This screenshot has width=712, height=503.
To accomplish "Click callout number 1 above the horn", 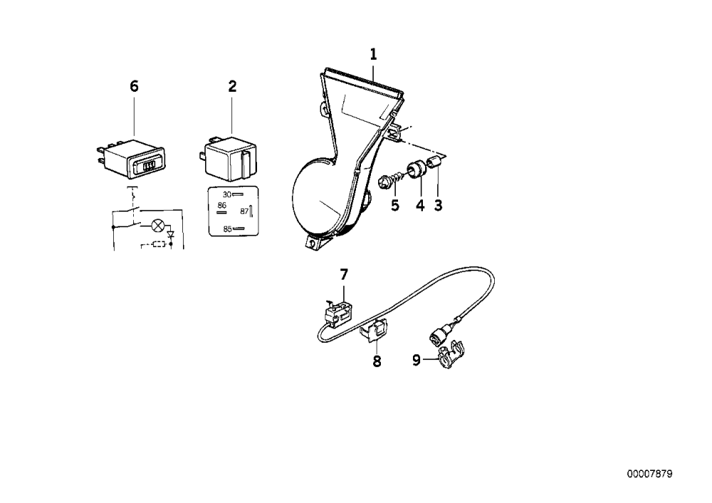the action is coord(373,55).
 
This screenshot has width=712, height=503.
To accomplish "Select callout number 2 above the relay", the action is coord(232,86).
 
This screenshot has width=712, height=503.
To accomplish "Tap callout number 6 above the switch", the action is coord(134,86).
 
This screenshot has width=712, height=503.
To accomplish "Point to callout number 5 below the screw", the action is coord(395,206).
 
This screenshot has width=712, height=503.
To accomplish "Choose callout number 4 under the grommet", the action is coord(420,206).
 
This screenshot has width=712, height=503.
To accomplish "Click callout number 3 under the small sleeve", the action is coord(438,206).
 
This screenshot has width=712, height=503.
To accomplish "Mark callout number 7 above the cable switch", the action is coord(344,275).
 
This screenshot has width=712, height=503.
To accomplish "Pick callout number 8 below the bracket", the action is coord(377,361).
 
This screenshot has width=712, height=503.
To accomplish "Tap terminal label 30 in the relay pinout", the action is coord(227,194).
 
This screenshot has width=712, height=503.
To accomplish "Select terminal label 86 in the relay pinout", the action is coord(221,206).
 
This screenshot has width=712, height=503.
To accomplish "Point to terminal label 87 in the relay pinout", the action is coord(244,211).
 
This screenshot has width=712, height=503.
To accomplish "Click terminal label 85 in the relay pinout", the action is coord(228,229).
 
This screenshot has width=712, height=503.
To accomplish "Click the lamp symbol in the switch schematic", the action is coord(158,225).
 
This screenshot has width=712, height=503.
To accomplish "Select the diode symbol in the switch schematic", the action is coord(171,235).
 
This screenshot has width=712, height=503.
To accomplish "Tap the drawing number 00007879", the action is coord(650,474).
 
